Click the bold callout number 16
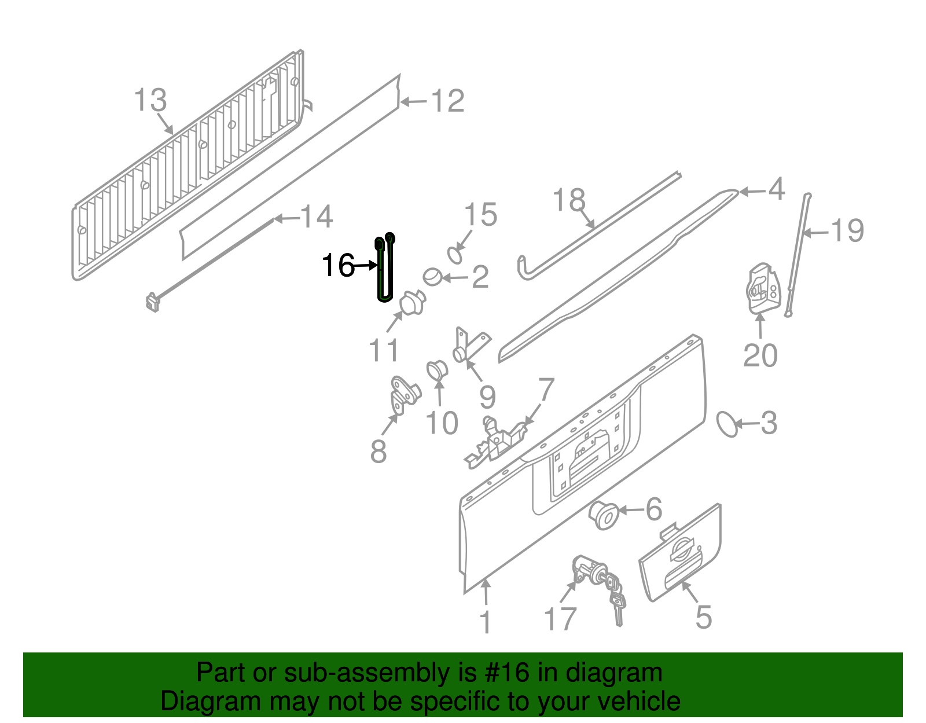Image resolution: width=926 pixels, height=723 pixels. (338, 266)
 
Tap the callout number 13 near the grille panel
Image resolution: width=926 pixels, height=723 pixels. (150, 100)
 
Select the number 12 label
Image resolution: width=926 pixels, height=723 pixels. (447, 101)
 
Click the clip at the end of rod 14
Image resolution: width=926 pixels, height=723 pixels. (152, 302)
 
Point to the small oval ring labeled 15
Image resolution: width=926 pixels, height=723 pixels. (455, 255)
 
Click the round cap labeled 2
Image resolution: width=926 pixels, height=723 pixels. (432, 277)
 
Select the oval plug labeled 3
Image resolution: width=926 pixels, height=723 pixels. (727, 424)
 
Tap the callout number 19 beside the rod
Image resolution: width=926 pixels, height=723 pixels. (847, 231)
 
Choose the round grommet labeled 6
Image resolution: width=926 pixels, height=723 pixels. (604, 515)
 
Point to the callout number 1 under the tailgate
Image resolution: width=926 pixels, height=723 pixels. (486, 623)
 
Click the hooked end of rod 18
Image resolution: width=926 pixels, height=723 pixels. (523, 270)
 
